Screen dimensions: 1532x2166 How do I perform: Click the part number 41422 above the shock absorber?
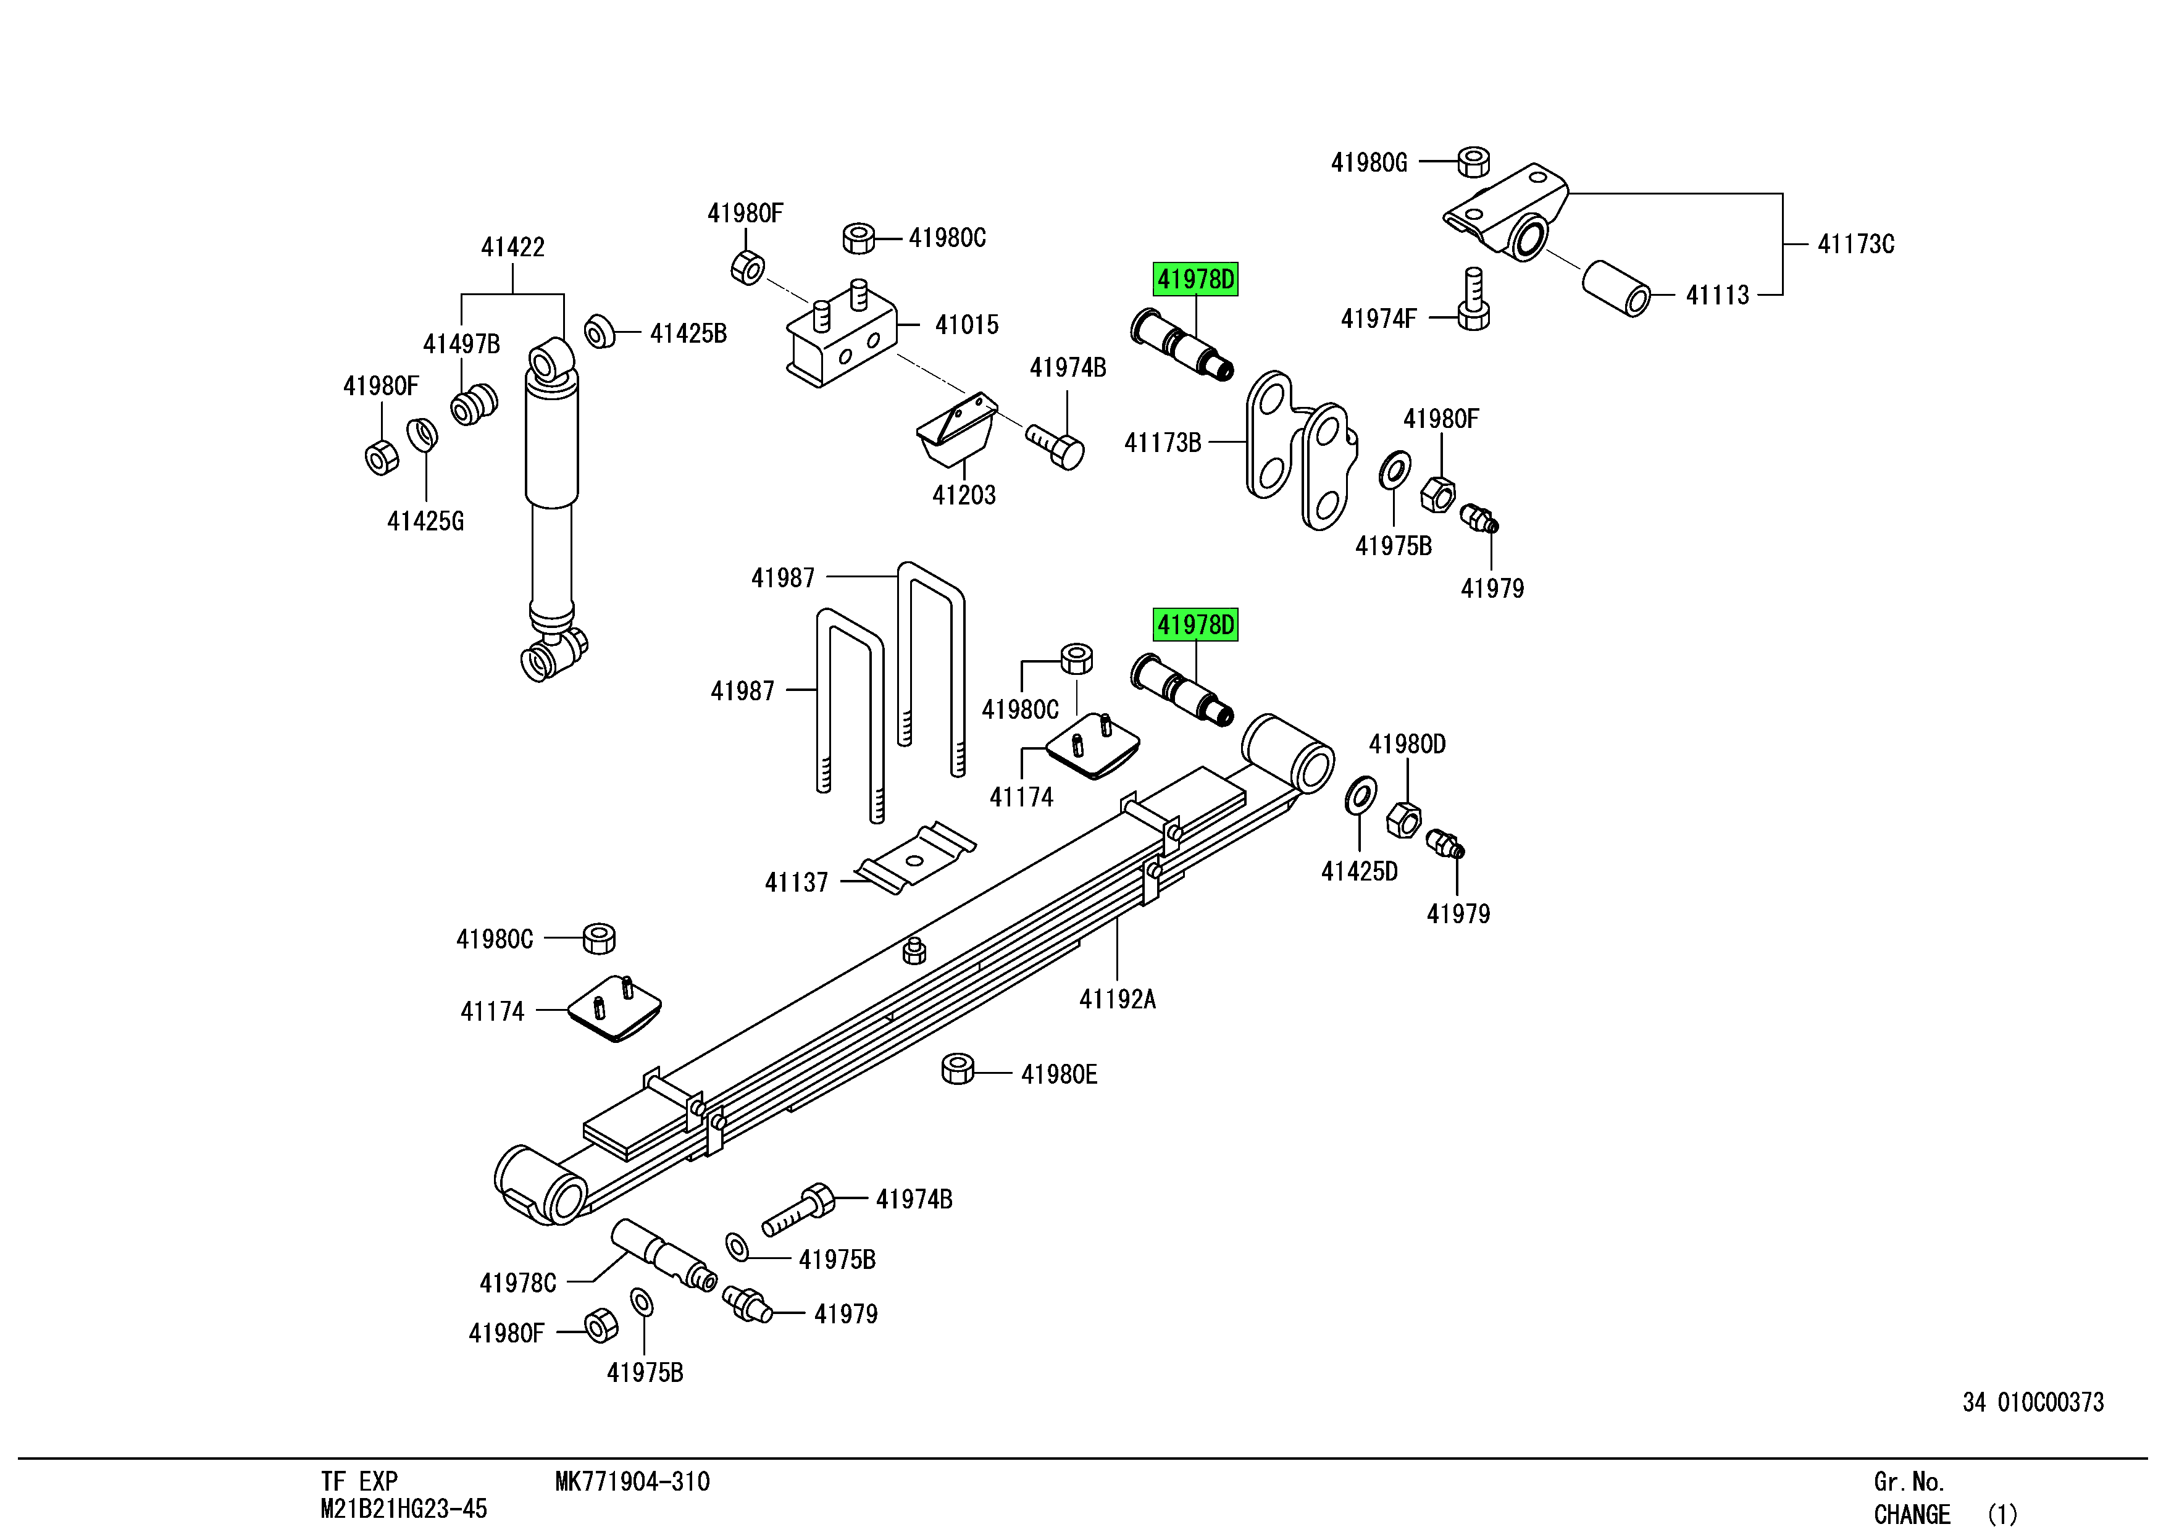(x=512, y=247)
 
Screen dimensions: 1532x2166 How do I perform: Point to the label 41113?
(x=1717, y=295)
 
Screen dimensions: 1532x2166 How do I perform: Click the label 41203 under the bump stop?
(x=963, y=495)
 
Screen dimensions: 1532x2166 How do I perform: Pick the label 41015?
(x=966, y=325)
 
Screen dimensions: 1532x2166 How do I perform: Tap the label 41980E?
(x=1058, y=1074)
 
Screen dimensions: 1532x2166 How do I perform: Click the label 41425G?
(x=425, y=521)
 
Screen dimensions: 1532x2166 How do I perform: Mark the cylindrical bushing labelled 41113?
(x=1615, y=288)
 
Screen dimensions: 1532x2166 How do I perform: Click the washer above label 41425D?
(x=1360, y=795)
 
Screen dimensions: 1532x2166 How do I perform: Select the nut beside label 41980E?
(x=958, y=1069)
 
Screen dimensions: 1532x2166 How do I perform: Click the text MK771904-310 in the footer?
(x=632, y=1482)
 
